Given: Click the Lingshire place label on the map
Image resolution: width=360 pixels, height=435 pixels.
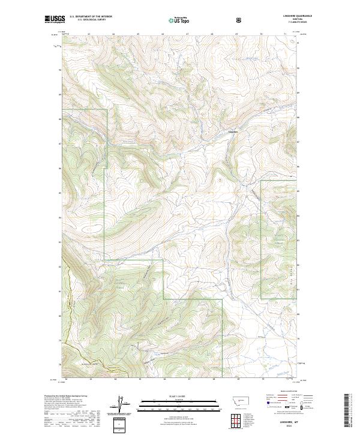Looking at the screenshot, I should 233,132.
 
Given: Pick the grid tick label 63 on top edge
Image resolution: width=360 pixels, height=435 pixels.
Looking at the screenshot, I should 89,34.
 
